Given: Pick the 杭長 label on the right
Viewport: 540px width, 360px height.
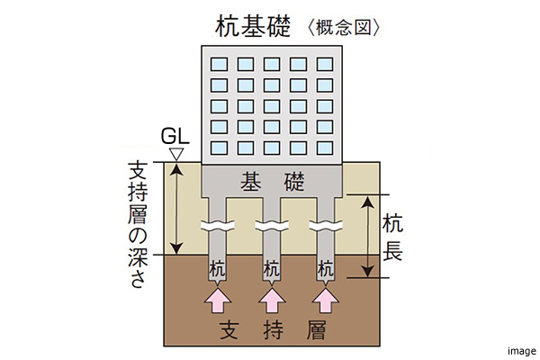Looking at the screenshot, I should tap(392, 236).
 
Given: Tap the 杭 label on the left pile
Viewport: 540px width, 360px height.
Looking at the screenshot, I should tap(217, 267).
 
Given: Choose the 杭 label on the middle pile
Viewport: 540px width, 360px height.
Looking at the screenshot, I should tap(271, 267).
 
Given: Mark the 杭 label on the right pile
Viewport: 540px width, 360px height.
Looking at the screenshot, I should tap(326, 267).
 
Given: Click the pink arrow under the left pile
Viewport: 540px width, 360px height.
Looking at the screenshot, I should tap(217, 299).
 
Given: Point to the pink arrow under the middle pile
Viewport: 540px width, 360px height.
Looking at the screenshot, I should tap(271, 299).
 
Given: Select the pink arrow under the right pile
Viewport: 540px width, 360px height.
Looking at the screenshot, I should tap(326, 299).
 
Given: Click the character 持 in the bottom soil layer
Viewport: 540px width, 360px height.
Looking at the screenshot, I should tap(271, 329).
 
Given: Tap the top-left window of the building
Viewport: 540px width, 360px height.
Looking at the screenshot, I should tap(219, 65).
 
